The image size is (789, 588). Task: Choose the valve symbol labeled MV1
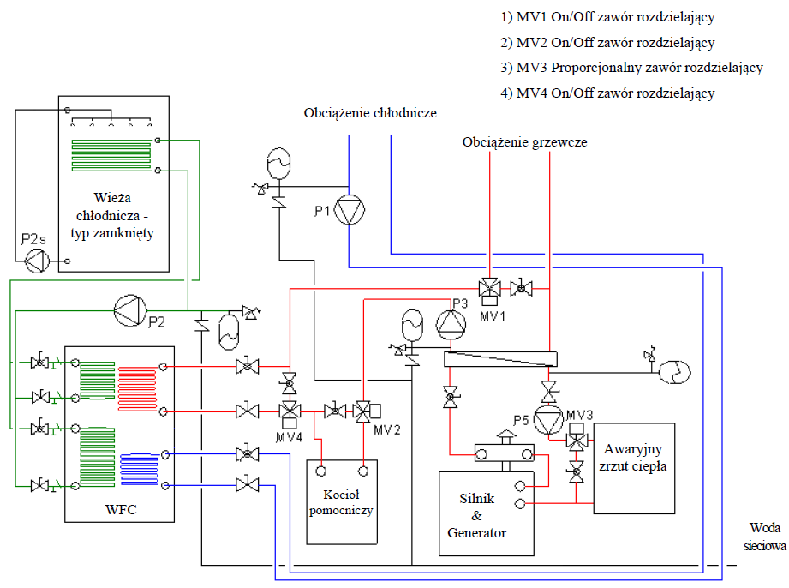tap(489, 289)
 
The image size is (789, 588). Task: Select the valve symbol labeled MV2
tap(363, 412)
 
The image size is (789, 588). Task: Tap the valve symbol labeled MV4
tap(289, 412)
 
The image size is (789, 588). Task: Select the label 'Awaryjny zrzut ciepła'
tap(634, 458)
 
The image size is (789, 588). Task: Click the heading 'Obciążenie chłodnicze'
tap(370, 113)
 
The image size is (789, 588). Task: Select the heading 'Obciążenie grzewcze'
tap(524, 141)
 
